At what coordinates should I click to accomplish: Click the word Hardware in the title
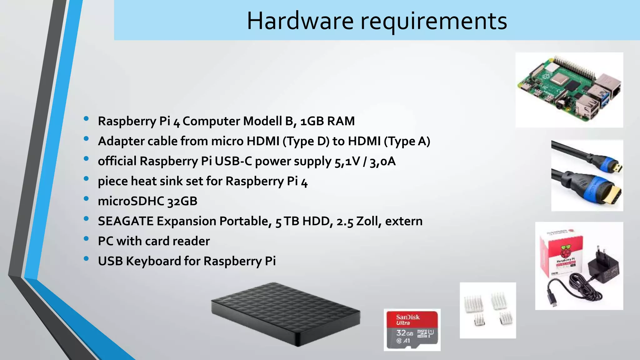(x=300, y=21)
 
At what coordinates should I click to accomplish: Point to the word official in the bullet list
(x=117, y=161)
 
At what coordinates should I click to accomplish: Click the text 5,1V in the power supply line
(x=347, y=162)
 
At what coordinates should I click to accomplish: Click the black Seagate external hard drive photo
(x=285, y=314)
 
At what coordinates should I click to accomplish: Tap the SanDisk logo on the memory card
(x=408, y=317)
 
